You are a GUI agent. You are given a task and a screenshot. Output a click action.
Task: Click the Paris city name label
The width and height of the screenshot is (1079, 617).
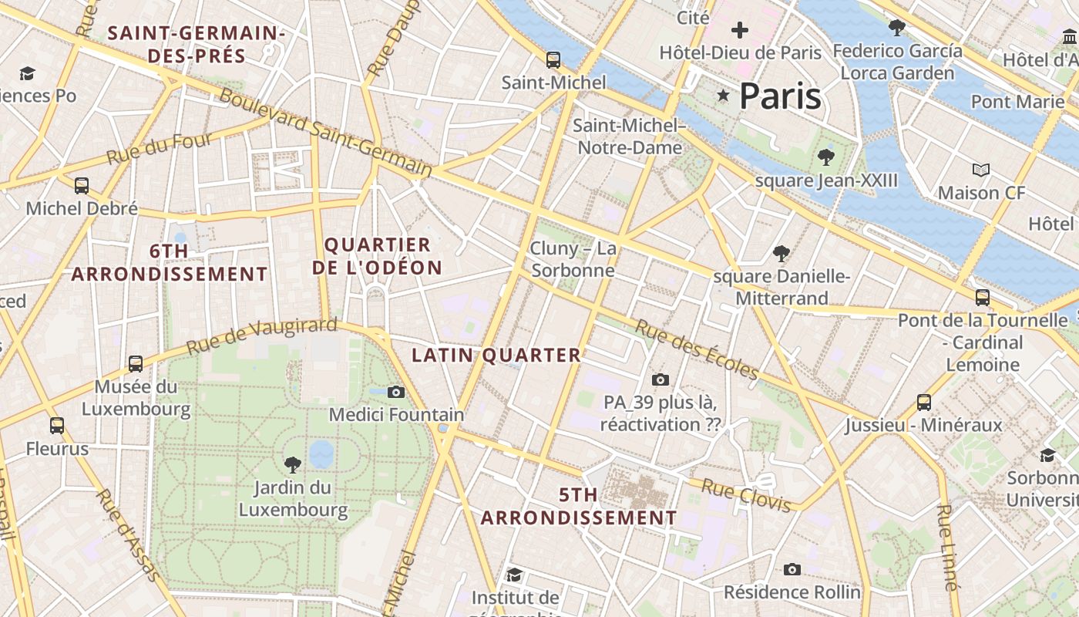780,96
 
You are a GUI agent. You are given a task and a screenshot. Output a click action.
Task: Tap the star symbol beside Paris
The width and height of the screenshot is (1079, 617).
723,96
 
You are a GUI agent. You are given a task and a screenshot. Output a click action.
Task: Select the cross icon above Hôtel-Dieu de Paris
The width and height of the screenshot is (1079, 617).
740,30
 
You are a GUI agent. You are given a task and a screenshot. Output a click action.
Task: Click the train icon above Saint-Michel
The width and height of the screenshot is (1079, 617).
553,59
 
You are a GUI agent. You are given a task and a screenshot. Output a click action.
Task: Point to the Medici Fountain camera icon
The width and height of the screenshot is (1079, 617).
396,392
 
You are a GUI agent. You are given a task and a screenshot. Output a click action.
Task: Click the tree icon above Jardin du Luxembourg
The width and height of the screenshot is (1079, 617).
292,464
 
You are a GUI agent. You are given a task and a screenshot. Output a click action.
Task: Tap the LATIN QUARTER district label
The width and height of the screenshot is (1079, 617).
496,356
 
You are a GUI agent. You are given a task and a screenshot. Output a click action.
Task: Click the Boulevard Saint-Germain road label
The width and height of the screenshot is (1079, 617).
325,131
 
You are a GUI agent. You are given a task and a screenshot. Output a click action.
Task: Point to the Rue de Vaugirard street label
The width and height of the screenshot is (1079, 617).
262,336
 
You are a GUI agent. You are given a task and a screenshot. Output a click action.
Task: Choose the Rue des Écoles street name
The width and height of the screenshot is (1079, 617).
697,349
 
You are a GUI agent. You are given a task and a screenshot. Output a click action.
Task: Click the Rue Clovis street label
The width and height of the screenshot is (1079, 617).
746,495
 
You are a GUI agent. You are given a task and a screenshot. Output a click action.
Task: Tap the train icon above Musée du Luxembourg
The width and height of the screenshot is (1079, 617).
136,363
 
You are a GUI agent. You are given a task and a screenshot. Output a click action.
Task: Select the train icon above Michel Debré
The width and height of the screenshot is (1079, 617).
82,186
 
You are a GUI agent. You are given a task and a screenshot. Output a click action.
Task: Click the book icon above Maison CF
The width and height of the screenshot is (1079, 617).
980,170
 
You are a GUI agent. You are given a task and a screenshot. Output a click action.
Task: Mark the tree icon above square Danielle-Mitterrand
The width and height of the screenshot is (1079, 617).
782,253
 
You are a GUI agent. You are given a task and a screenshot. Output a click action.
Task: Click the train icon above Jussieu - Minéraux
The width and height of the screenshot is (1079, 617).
923,402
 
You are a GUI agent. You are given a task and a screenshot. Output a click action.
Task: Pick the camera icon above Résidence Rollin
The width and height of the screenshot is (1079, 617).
792,569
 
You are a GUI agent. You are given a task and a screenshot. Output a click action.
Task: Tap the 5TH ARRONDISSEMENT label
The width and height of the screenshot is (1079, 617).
579,506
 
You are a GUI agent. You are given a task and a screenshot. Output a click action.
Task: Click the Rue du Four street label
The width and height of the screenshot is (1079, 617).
160,148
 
